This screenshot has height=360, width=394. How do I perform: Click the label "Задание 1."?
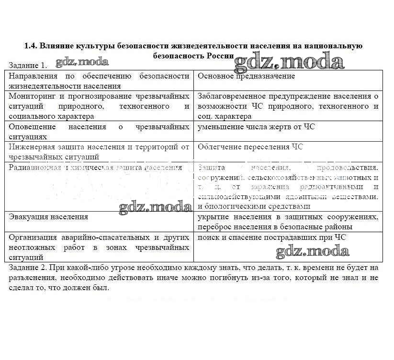(28, 65)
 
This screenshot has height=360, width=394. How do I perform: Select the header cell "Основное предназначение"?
(246, 76)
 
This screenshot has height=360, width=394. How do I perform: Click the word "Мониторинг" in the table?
(32, 96)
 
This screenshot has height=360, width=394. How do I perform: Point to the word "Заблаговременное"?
(231, 96)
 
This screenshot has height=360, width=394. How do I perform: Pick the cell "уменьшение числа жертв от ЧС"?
(256, 127)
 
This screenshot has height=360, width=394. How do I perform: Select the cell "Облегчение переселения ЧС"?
(250, 147)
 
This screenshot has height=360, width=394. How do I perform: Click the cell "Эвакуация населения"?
(48, 217)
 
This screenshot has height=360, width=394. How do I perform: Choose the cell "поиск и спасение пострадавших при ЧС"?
(271, 237)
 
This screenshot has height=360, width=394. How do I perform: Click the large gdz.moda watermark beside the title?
(289, 61)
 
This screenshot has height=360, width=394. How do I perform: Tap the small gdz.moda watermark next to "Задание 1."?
(82, 62)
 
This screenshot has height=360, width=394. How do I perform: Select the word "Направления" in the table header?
(33, 76)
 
